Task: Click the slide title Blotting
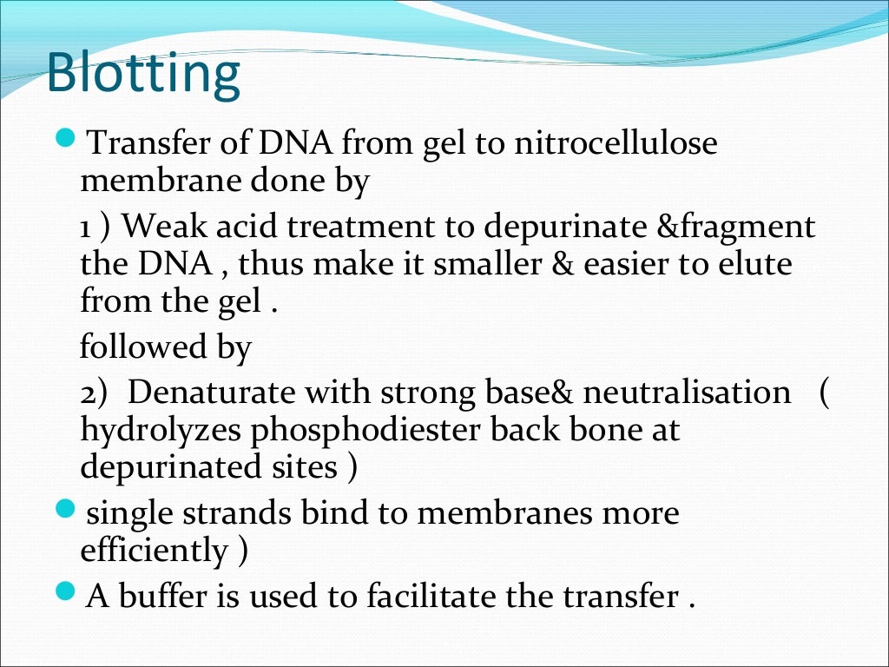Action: coord(143,74)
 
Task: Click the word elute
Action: coord(752,264)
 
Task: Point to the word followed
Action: coord(134,347)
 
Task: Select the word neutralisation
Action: coord(686,393)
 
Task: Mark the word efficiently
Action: coord(154,551)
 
